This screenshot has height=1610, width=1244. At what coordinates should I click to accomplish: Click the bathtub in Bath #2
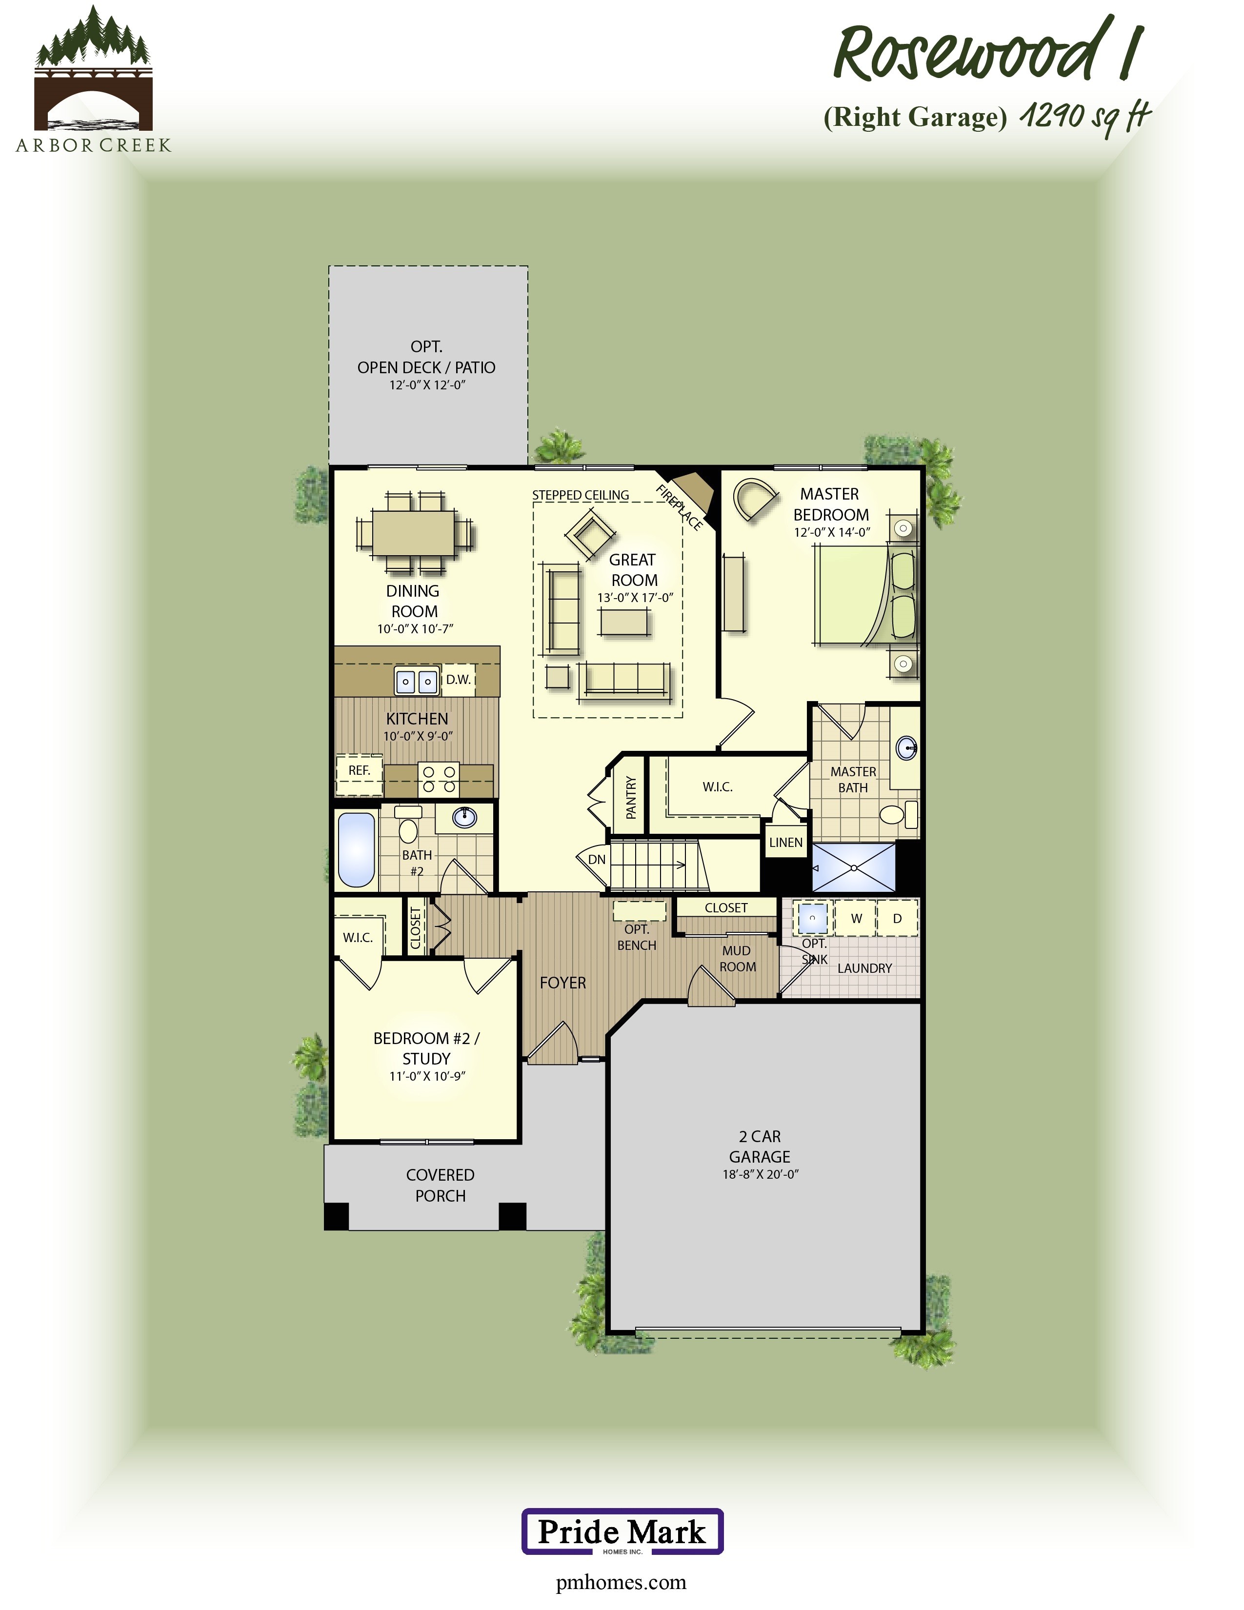click(356, 849)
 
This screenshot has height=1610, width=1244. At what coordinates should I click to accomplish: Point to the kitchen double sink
click(417, 681)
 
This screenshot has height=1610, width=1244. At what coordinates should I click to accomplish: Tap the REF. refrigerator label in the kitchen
click(359, 770)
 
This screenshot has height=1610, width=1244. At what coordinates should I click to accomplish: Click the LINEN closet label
click(785, 843)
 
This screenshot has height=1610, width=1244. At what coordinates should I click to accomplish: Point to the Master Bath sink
click(906, 748)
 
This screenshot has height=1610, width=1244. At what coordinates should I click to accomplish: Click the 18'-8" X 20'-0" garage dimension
click(760, 1174)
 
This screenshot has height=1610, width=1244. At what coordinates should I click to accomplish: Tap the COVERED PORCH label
click(440, 1186)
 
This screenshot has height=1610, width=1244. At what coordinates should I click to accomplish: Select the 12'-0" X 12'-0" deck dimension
click(427, 385)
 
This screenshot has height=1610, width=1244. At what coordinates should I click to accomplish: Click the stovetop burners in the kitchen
click(439, 779)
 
